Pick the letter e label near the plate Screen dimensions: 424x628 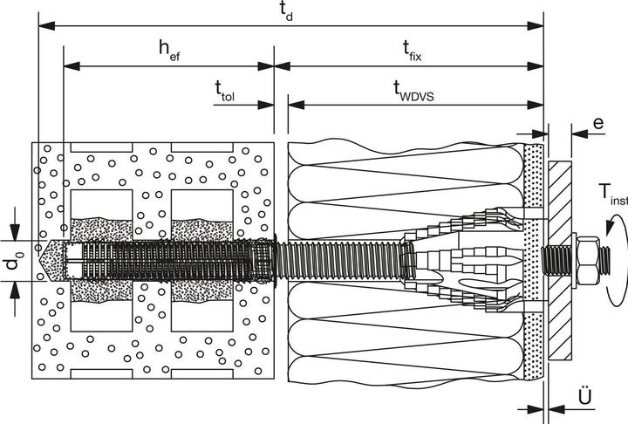598,124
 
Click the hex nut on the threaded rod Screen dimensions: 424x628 583,259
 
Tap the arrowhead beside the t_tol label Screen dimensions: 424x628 267,105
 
